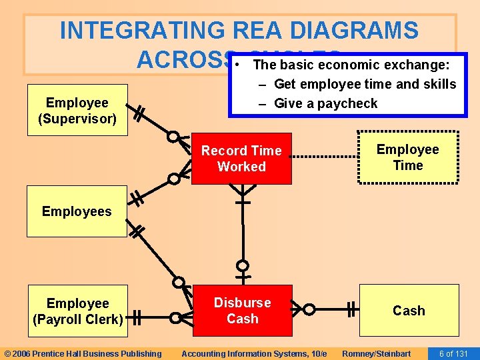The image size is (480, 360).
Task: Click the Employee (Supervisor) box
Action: [x=77, y=110]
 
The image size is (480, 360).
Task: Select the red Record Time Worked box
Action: [x=242, y=159]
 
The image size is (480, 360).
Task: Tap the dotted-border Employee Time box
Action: [x=408, y=157]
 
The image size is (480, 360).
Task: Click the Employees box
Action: [x=77, y=211]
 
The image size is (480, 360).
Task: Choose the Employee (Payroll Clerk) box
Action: [x=77, y=311]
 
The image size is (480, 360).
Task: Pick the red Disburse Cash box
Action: [x=242, y=311]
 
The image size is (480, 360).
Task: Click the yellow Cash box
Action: [x=409, y=311]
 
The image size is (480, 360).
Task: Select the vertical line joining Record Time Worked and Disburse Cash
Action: [x=243, y=230]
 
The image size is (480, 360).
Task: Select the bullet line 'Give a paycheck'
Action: [x=325, y=103]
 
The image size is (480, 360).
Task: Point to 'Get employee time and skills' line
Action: [x=365, y=84]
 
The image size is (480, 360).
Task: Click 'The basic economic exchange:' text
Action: [x=351, y=65]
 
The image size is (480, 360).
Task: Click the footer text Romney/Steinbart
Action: [x=376, y=353]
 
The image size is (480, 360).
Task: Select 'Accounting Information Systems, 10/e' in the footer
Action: [x=254, y=353]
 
